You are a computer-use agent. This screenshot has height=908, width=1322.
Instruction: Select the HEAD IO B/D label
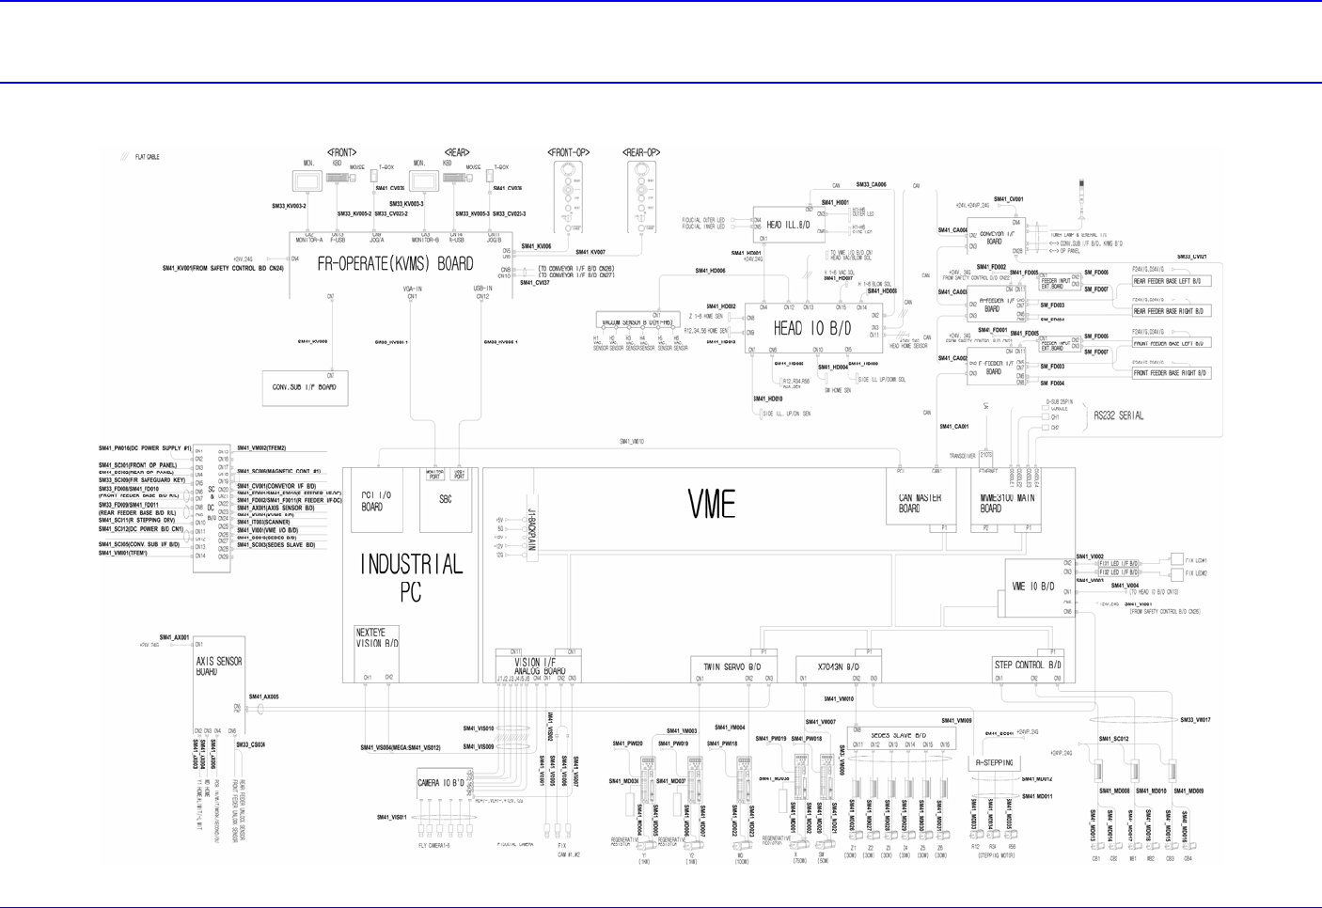pyautogui.click(x=811, y=328)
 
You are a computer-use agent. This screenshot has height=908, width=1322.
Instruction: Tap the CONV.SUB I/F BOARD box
pyautogui.click(x=305, y=387)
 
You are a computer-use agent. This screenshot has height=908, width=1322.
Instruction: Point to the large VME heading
pyautogui.click(x=712, y=505)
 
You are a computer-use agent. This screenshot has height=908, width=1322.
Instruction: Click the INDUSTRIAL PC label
pyautogui.click(x=412, y=577)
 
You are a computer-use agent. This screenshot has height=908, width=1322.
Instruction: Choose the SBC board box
pyautogui.click(x=445, y=499)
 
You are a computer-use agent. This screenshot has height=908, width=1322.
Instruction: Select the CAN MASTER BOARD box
pyautogui.click(x=909, y=503)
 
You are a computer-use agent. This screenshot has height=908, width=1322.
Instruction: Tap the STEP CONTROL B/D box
pyautogui.click(x=1028, y=665)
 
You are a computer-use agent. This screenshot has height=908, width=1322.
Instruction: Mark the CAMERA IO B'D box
pyautogui.click(x=441, y=783)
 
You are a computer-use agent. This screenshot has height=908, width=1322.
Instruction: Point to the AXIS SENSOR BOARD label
pyautogui.click(x=219, y=666)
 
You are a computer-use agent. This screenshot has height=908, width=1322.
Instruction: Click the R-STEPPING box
pyautogui.click(x=994, y=763)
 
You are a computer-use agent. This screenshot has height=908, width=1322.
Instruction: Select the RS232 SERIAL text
pyautogui.click(x=1118, y=415)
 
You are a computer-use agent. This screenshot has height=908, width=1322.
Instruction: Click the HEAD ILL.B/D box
pyautogui.click(x=788, y=226)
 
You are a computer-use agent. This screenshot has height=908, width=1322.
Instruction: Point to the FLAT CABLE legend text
pyautogui.click(x=148, y=157)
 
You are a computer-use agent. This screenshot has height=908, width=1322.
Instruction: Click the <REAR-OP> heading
pyautogui.click(x=641, y=152)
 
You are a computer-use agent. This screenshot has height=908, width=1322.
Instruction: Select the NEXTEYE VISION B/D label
pyautogui.click(x=377, y=638)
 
